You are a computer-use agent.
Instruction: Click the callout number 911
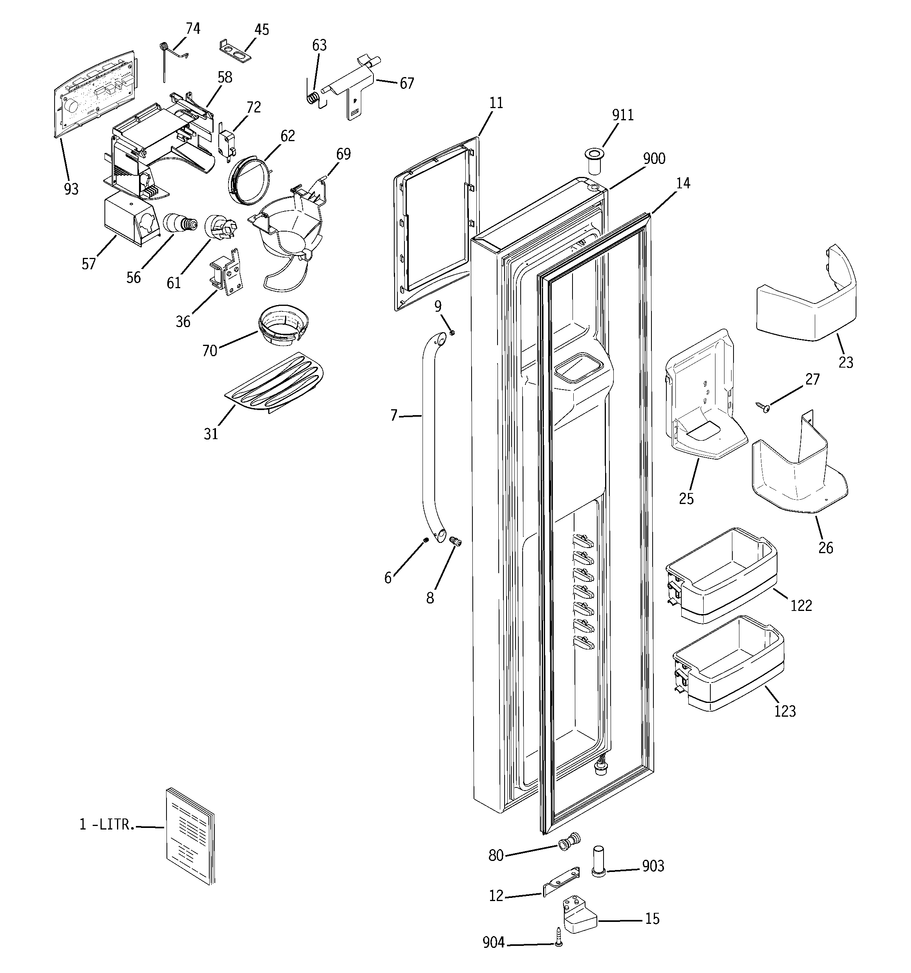[x=622, y=115]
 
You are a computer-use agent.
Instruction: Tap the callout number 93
[x=71, y=189]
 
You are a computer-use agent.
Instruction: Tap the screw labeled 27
[x=763, y=406]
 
